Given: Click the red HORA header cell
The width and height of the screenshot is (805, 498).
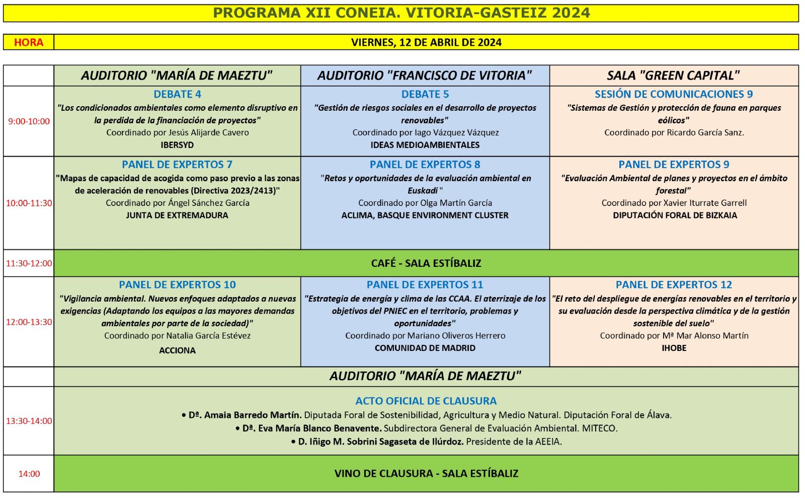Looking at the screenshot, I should click(x=29, y=42).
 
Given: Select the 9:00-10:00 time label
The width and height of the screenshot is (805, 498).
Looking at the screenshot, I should click(x=29, y=121).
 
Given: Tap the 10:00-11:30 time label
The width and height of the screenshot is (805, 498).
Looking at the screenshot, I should click(x=29, y=203).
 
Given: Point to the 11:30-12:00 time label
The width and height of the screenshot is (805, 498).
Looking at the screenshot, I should click(x=29, y=263).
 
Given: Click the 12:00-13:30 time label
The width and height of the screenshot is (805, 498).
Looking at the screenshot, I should click(x=29, y=322).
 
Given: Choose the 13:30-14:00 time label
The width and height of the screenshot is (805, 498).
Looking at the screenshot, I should click(x=29, y=421).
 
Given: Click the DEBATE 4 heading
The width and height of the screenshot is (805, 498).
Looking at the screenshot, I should click(x=177, y=94).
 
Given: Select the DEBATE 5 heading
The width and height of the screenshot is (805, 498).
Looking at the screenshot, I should click(x=425, y=94).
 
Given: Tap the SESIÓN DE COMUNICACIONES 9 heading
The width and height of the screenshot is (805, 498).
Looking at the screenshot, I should click(x=673, y=94).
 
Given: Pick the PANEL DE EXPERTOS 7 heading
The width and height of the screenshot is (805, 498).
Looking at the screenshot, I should click(x=177, y=165).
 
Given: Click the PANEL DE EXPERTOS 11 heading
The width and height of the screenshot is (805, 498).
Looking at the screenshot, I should click(x=425, y=285).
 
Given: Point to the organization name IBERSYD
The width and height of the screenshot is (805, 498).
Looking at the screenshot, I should click(x=177, y=145).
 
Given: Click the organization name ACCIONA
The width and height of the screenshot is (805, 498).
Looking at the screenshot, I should click(x=177, y=350).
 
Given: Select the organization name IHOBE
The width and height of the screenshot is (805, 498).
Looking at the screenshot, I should click(x=674, y=348).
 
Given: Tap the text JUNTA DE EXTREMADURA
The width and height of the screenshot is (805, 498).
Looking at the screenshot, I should click(x=177, y=216).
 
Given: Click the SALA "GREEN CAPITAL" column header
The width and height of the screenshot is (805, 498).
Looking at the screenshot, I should click(x=673, y=76).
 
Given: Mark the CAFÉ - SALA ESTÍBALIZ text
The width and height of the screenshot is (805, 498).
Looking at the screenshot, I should click(x=426, y=263).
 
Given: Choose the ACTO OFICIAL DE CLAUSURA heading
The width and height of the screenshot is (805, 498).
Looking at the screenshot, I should click(x=426, y=401).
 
